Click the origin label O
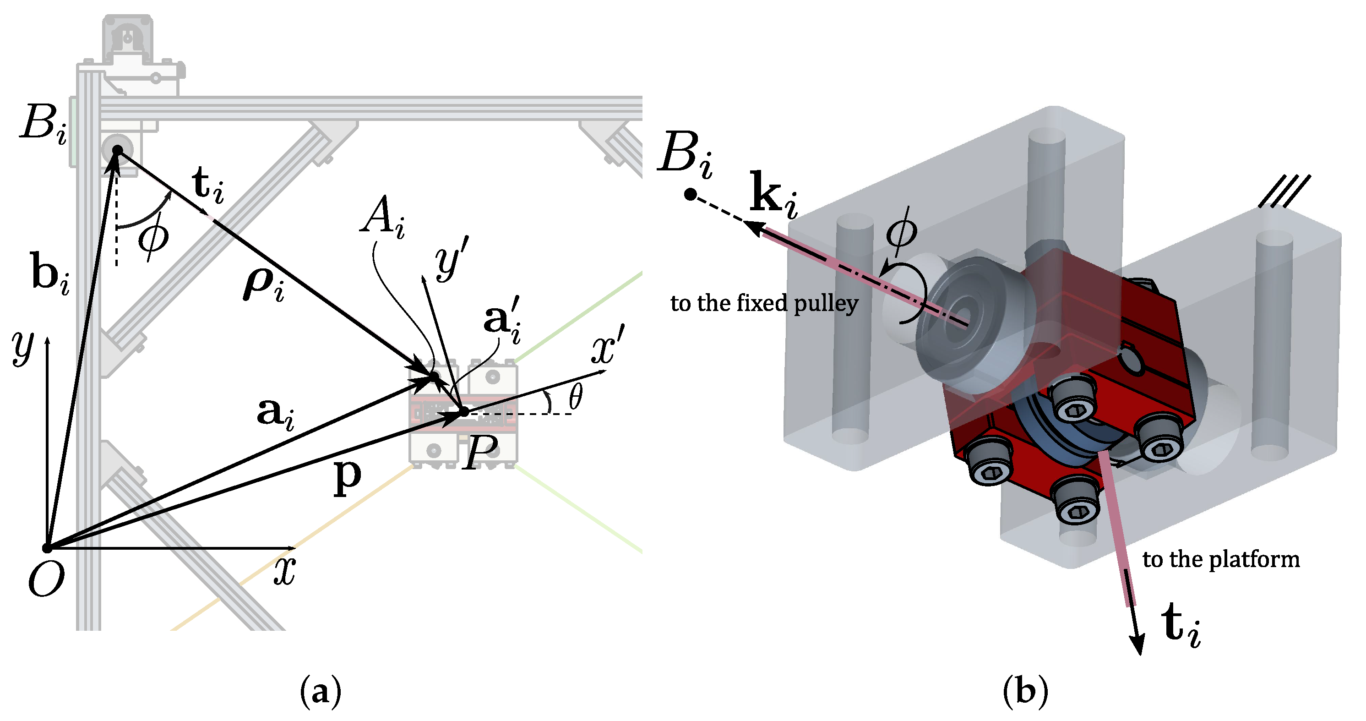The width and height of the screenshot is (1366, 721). click(47, 579)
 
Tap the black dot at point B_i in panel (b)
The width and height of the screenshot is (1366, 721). click(690, 195)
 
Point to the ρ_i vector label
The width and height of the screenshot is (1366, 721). click(264, 285)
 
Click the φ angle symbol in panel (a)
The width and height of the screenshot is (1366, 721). click(154, 237)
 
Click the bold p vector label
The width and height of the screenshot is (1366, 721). click(347, 476)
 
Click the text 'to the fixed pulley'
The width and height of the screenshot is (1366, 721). click(764, 303)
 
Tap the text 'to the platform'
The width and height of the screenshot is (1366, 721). click(1221, 560)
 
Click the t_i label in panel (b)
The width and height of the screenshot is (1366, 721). click(1181, 626)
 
